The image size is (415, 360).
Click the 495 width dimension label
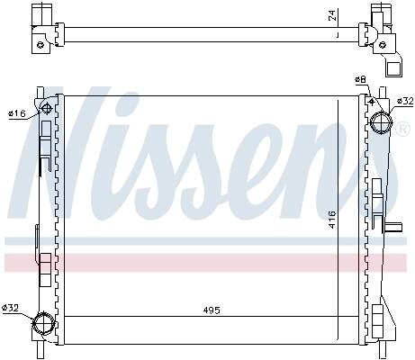tap(212, 310)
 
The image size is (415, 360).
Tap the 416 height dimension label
tap(332, 220)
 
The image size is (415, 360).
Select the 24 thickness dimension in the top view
tap(332, 15)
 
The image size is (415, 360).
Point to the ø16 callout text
tap(17, 113)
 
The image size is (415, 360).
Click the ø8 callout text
tap(360, 79)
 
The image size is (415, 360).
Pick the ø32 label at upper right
tap(405, 101)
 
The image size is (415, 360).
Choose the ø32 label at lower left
tap(10, 308)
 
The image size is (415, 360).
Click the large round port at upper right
tap(381, 123)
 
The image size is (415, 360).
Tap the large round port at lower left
tap(44, 324)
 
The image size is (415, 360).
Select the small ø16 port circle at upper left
tap(46, 109)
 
